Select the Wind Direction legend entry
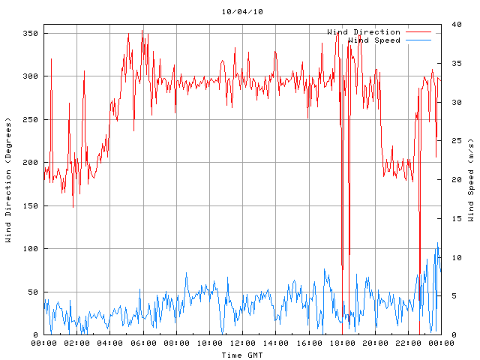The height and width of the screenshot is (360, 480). (364, 32)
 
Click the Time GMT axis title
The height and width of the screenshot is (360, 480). (242, 354)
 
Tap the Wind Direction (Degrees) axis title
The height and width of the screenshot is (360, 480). (8, 180)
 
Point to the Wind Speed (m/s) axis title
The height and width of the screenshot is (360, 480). (470, 180)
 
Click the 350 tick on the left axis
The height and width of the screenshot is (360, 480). (31, 34)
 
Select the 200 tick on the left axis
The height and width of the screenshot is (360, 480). (31, 163)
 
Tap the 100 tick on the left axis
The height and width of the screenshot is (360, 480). (31, 249)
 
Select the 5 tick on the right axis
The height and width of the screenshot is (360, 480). (448, 296)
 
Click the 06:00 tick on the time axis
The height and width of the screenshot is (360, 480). (143, 343)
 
